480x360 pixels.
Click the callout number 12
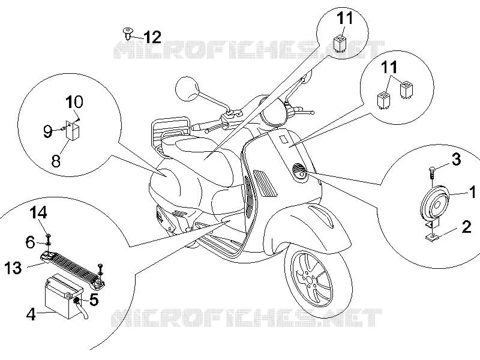pyautogui.click(x=152, y=37)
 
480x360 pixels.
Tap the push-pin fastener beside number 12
pyautogui.click(x=127, y=33)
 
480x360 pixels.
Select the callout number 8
pyautogui.click(x=56, y=160)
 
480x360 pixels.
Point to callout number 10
pyautogui.click(x=74, y=101)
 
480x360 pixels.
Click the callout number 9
pyautogui.click(x=47, y=131)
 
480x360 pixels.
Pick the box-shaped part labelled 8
pyautogui.click(x=73, y=130)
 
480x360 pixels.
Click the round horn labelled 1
pyautogui.click(x=434, y=203)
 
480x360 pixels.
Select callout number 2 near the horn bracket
pyautogui.click(x=466, y=227)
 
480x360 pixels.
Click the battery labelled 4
pyautogui.click(x=64, y=296)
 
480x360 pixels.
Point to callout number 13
pyautogui.click(x=13, y=268)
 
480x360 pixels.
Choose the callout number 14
pyautogui.click(x=38, y=212)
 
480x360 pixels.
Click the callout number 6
pyautogui.click(x=31, y=242)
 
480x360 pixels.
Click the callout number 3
pyautogui.click(x=456, y=160)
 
